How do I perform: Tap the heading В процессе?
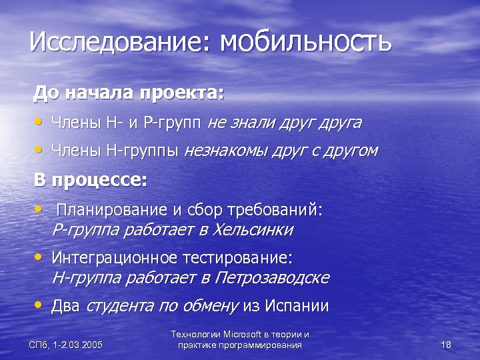click(x=90, y=181)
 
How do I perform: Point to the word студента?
click(x=117, y=306)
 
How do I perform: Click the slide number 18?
click(x=447, y=345)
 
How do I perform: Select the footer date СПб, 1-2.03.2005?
click(x=66, y=345)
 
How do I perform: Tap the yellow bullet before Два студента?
click(x=40, y=305)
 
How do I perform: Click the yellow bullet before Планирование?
click(x=40, y=209)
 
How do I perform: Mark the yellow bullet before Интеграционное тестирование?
click(x=40, y=256)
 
